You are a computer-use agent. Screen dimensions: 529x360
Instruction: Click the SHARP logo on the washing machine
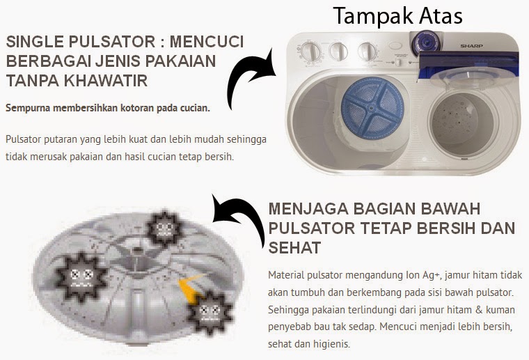pos(471,45)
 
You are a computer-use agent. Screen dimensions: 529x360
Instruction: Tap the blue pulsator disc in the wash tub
pos(372,109)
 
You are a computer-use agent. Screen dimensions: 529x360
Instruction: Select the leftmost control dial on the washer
pos(310,52)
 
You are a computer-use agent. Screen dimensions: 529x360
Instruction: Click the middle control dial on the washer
pos(338,52)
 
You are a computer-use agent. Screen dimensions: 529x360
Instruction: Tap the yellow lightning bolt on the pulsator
pos(191,287)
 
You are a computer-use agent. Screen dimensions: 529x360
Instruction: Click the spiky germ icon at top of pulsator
pos(165,228)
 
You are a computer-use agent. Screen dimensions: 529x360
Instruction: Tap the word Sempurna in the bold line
pos(28,109)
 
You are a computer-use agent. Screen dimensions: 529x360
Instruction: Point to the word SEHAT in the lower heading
pos(294,248)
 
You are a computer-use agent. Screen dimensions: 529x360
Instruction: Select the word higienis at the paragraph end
pos(331,344)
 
